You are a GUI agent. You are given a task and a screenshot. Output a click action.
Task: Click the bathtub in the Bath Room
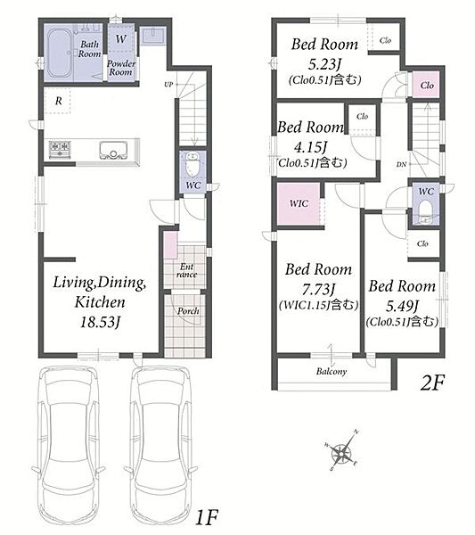coord(60,53)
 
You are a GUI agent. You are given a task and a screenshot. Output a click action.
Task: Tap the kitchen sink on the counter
coord(113,150)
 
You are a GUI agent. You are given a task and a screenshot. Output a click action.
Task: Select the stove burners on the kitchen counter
coord(60,149)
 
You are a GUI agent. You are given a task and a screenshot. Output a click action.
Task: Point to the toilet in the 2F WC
coord(426,211)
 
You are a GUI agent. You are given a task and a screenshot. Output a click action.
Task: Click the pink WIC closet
coord(299,204)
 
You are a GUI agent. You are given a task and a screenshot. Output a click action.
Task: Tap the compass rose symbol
coord(341,452)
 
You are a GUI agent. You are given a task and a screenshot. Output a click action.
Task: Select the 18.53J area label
coord(101,322)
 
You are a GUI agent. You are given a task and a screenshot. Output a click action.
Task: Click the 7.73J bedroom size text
coord(318,290)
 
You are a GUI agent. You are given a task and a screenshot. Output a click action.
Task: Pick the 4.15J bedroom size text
coord(310,147)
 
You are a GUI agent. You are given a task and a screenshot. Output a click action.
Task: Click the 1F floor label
coord(207,516)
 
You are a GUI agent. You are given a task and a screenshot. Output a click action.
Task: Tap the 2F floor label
coord(433,383)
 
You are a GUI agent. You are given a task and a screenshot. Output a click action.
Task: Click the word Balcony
coord(332,371)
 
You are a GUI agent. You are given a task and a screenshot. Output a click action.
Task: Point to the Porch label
coord(188,311)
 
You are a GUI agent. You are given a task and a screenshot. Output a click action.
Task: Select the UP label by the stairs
coord(168,85)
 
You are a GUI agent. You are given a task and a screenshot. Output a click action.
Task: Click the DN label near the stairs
coord(401,164)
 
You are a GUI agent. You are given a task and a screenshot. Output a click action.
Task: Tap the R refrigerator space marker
coord(58,101)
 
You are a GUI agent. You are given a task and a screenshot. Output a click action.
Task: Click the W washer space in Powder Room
coord(120,38)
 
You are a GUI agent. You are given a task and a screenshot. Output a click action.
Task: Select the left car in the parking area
coord(69,449)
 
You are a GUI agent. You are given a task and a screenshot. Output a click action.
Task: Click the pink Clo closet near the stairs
coord(426,86)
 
